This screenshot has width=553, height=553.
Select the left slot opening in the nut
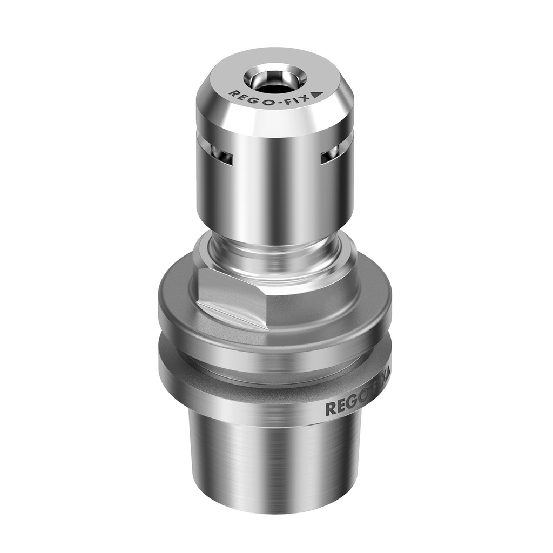(222, 157)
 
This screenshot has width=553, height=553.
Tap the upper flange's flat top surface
(178, 292)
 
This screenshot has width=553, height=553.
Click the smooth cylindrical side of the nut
(275, 189)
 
